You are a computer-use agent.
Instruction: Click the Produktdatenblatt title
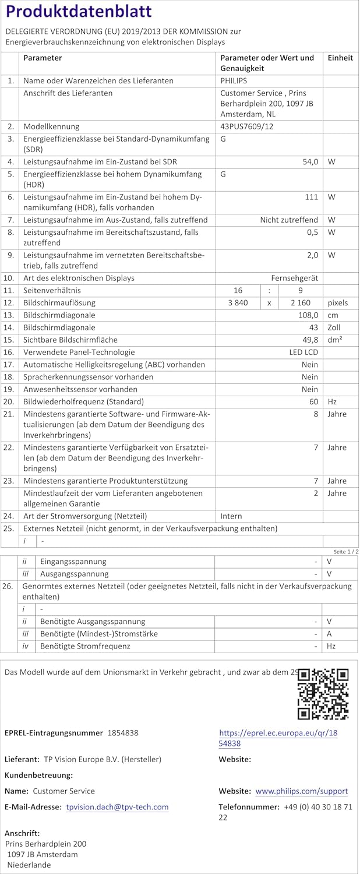78,12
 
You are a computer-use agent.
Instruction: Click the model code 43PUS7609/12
248,126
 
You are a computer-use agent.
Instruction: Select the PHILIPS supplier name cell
234,81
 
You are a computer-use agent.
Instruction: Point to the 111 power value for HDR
311,197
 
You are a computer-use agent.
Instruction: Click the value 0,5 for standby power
312,232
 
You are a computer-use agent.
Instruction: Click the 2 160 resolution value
301,302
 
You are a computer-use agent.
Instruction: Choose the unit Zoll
334,327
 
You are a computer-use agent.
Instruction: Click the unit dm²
334,340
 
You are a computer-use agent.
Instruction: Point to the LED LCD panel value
303,352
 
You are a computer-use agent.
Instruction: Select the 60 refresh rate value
313,401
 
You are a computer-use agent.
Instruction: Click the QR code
323,693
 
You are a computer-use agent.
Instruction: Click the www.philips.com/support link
301,791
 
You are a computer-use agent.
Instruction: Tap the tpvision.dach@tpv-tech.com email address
117,807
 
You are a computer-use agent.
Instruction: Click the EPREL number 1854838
123,732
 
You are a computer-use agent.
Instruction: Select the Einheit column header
340,58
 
